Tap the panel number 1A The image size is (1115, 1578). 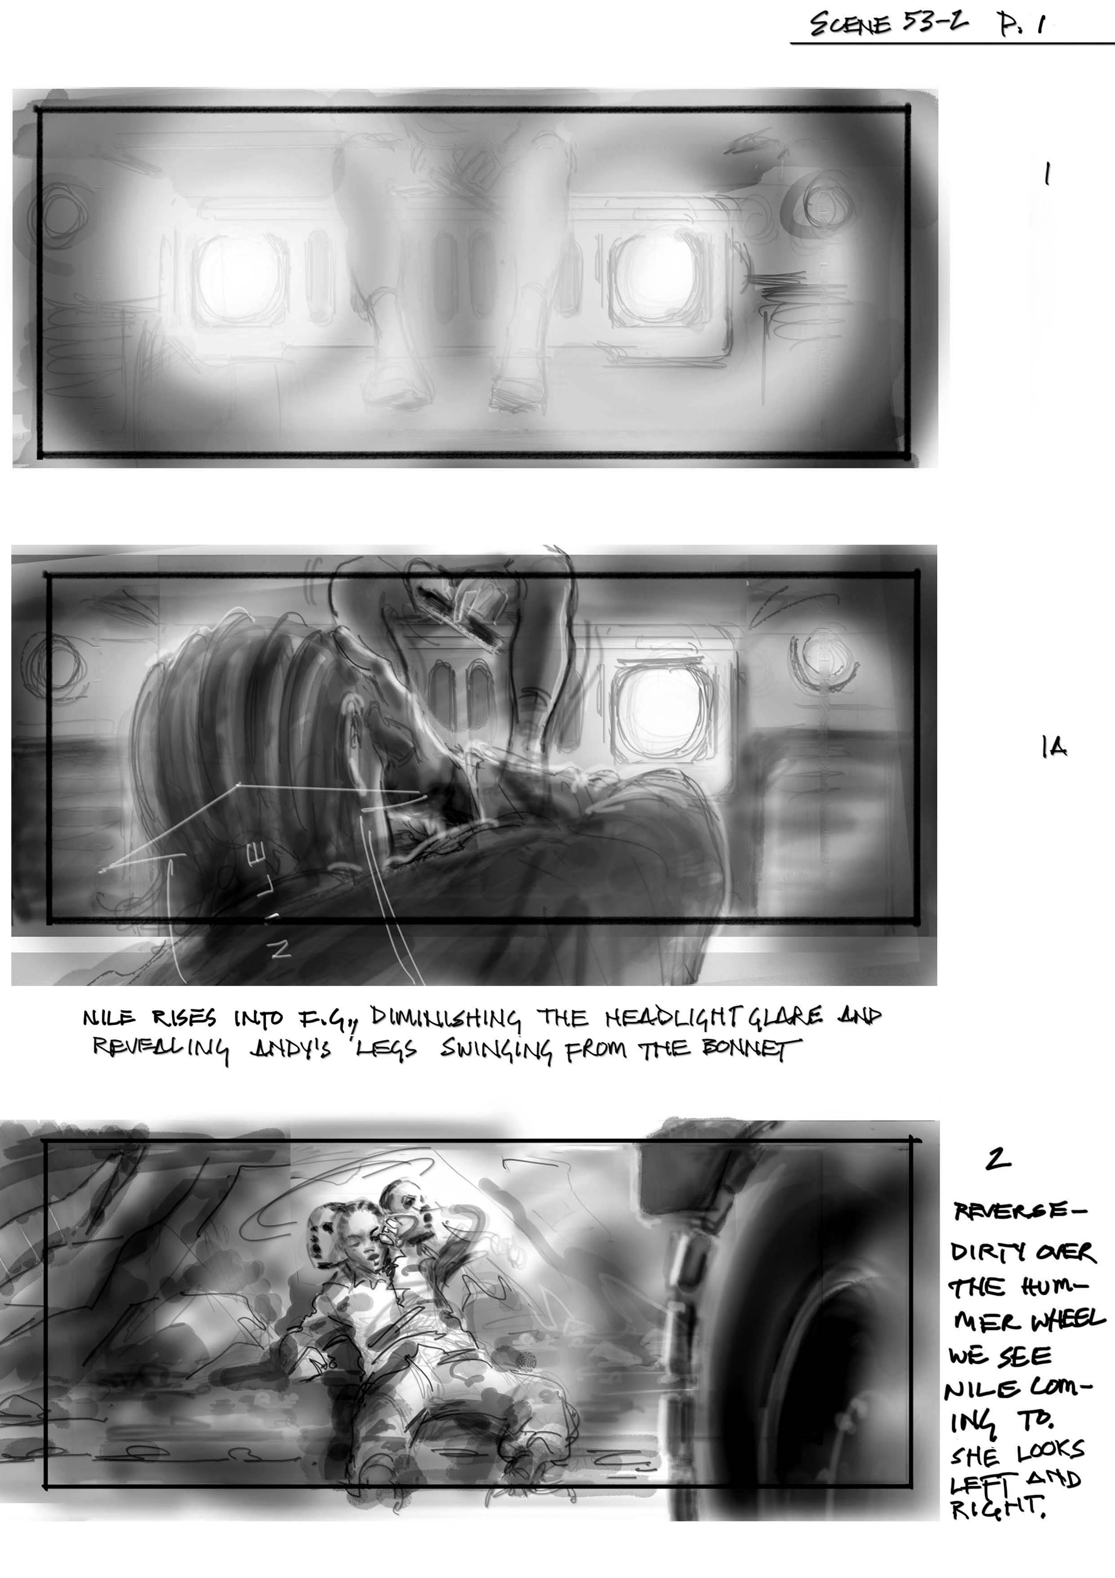tap(1054, 747)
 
